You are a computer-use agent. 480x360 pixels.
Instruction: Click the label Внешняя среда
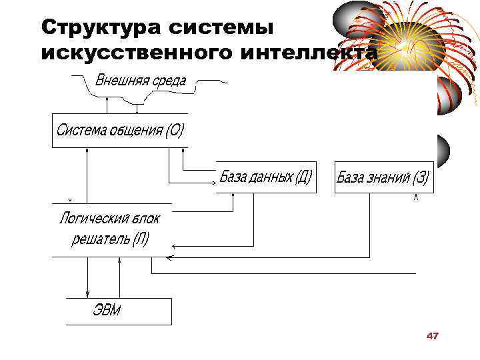point(141,81)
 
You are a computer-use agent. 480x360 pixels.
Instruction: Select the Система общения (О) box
point(120,130)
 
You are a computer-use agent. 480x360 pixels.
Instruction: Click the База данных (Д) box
point(265,177)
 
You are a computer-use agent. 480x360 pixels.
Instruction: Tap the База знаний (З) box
point(383,177)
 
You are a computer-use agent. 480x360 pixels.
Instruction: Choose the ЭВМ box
point(119,311)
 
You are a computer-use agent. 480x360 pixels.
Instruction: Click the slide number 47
point(432,336)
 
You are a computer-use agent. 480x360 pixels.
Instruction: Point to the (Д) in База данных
point(303,177)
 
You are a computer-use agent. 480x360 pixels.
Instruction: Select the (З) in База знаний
point(421,177)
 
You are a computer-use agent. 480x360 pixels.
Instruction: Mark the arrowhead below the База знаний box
point(416,197)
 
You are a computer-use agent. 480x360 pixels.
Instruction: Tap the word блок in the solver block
point(147,218)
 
